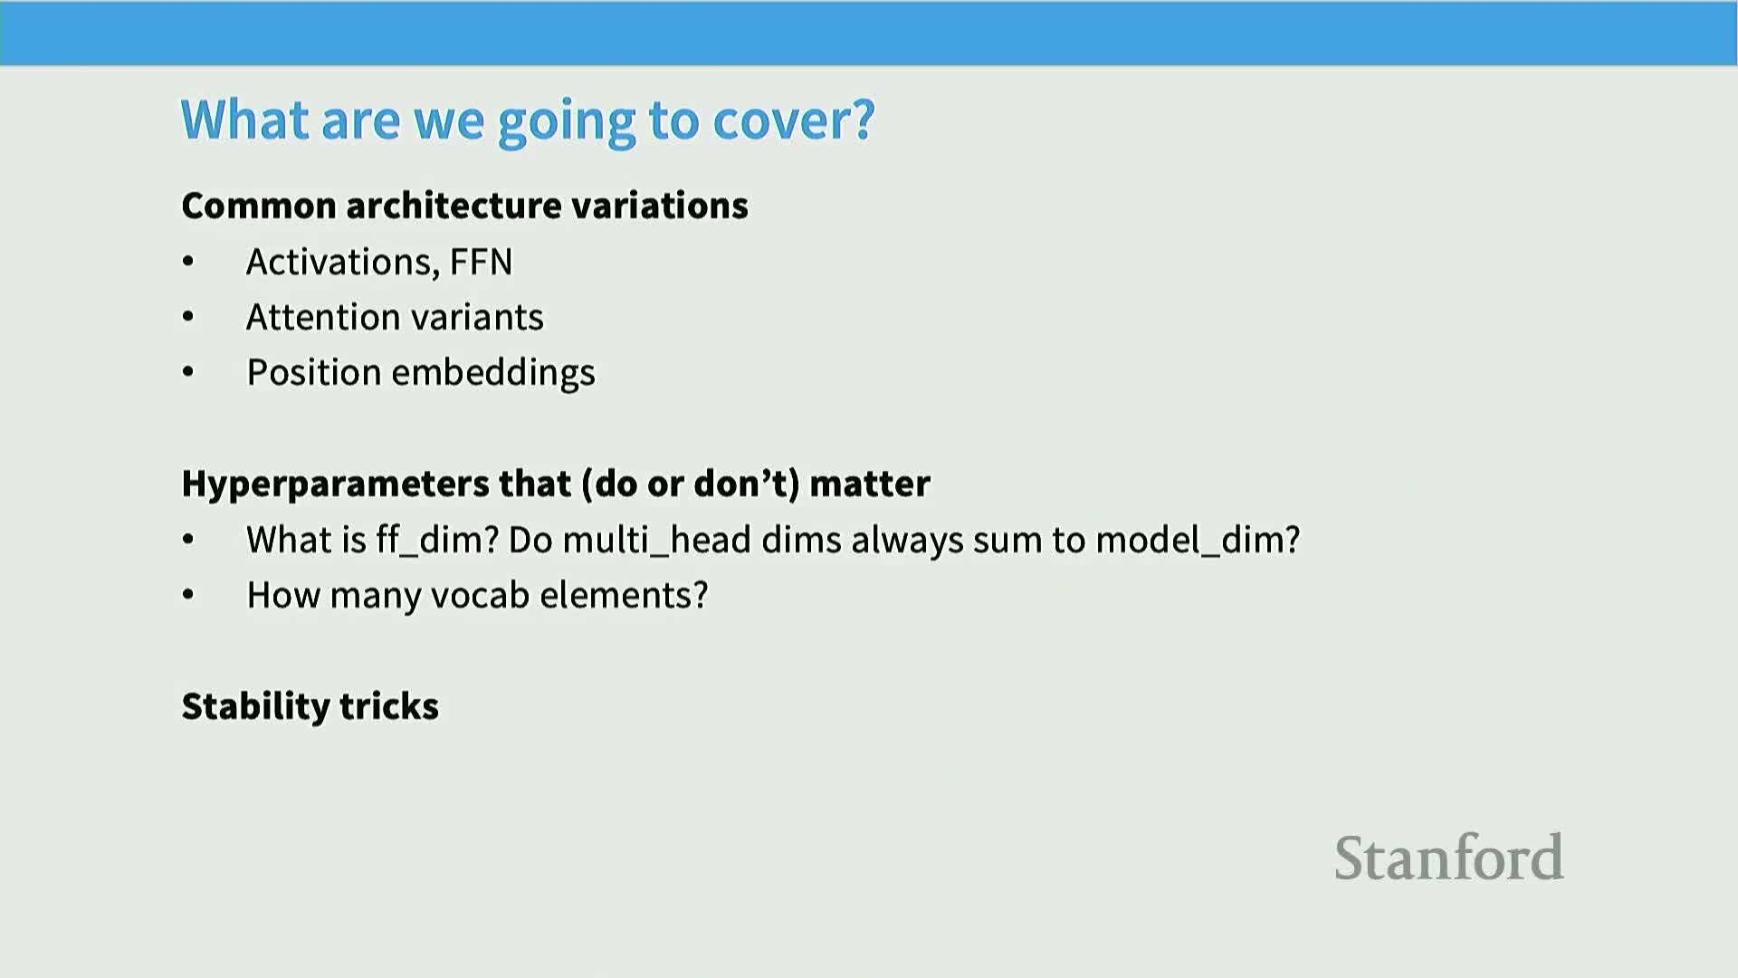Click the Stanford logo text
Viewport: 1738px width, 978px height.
1449,858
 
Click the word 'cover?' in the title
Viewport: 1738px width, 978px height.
794,120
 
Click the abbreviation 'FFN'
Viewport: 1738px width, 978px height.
481,262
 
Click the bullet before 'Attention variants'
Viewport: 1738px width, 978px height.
188,317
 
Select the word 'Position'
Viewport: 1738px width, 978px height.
314,372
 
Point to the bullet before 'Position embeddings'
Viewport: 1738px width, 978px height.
188,372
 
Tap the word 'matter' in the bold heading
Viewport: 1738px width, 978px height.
870,484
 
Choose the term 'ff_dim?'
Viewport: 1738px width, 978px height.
438,541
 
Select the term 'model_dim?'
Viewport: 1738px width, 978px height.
1198,541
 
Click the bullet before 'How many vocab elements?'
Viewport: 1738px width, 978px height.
188,595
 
